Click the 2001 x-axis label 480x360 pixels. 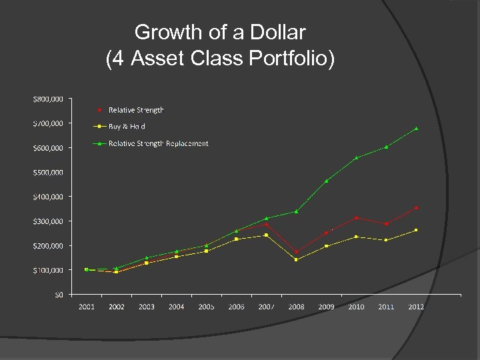87,307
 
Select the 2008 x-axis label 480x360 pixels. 296,307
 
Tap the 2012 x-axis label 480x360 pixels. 416,307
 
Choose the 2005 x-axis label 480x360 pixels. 206,307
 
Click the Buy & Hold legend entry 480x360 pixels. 127,126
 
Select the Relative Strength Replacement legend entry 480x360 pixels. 158,143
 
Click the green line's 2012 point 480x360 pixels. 416,128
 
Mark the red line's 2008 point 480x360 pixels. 296,252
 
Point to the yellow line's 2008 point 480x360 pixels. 296,259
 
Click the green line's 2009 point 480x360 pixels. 326,181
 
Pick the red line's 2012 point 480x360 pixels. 416,208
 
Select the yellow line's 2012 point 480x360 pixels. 416,230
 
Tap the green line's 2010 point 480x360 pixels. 356,157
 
